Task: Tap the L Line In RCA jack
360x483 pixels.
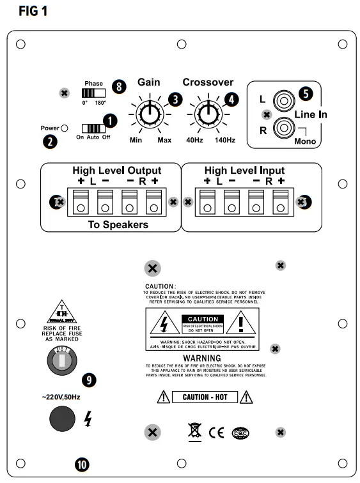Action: pyautogui.click(x=283, y=101)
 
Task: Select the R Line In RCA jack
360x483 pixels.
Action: pyautogui.click(x=283, y=128)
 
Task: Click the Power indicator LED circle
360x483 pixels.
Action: pyautogui.click(x=65, y=128)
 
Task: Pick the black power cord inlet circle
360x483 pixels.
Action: pyautogui.click(x=62, y=419)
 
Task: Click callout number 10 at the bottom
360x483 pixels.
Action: pyautogui.click(x=81, y=464)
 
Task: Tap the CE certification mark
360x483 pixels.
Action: pyautogui.click(x=216, y=433)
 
